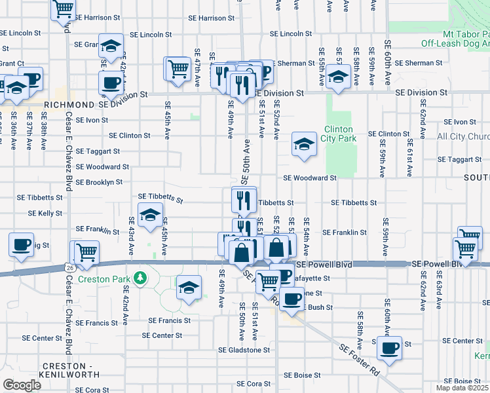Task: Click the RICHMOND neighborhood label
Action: tap(69, 105)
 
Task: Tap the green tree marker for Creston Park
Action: tap(139, 278)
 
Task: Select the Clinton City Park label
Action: tap(339, 134)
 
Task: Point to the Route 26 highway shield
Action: tap(69, 267)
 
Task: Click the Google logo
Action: tap(22, 384)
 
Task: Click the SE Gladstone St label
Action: tap(244, 350)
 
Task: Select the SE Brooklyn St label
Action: tap(99, 182)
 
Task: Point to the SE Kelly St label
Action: tap(45, 214)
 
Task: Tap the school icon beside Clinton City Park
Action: tap(304, 145)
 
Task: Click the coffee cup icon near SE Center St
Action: tap(389, 348)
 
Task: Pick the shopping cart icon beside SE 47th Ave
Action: tap(177, 69)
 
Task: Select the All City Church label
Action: tap(462, 136)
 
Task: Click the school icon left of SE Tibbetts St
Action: tap(150, 215)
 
